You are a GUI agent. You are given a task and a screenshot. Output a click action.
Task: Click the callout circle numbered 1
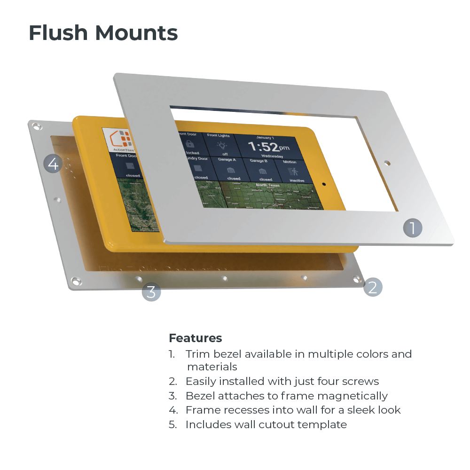point(413,228)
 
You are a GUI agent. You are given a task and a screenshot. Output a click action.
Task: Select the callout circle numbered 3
point(151,291)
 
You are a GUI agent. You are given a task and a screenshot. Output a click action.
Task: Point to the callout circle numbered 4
point(53,164)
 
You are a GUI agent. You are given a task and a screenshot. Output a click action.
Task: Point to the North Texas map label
point(268,185)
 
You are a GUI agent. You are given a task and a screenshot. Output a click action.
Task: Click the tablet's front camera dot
point(324,185)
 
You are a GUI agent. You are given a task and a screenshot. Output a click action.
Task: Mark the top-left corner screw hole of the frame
point(36,126)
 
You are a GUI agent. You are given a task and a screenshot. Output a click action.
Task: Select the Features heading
point(195,338)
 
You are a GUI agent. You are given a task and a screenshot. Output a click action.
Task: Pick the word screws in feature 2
point(360,381)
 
